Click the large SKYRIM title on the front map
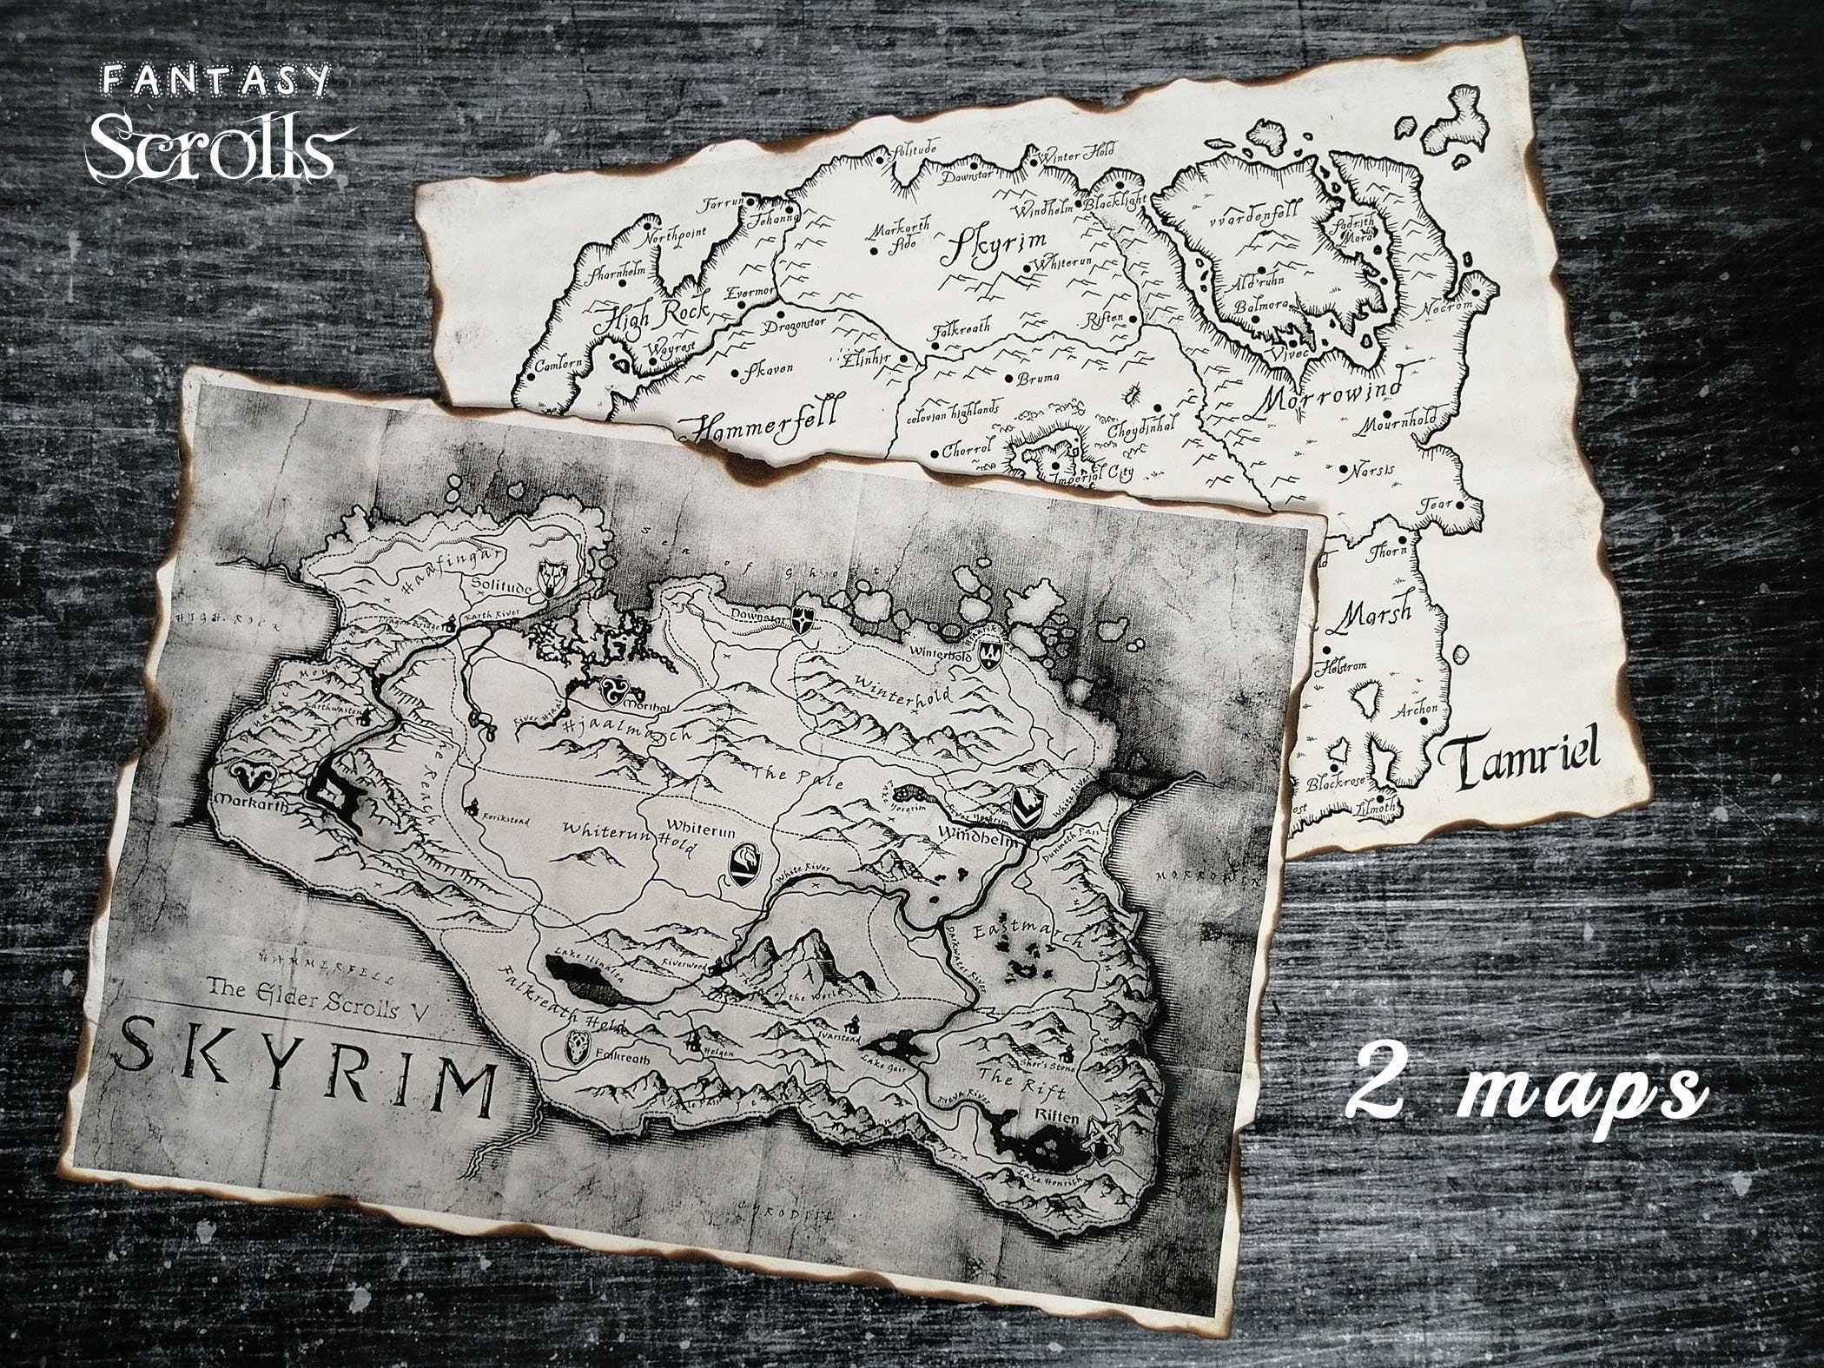pyautogui.click(x=304, y=1074)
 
